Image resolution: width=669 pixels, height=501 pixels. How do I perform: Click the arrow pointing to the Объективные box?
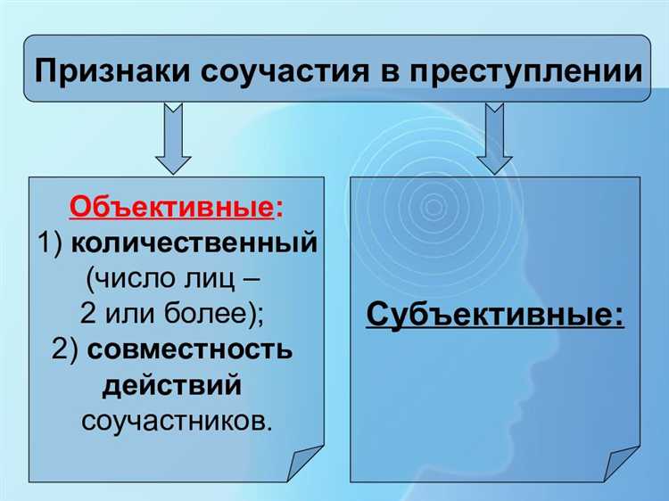(173, 138)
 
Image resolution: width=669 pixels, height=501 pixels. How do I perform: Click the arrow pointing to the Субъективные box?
(493, 138)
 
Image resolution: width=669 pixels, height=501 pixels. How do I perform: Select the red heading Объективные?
(170, 207)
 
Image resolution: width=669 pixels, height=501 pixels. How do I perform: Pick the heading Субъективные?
(494, 315)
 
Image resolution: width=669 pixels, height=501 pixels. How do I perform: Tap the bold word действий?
(172, 385)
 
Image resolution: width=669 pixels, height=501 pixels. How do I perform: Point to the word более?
(227, 314)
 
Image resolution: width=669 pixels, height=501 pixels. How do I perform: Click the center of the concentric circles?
(434, 208)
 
